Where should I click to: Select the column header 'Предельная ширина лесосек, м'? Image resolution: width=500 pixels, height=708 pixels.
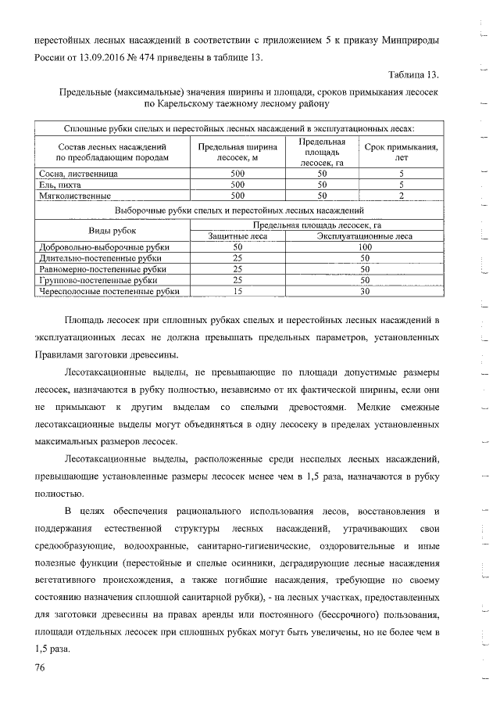(x=237, y=152)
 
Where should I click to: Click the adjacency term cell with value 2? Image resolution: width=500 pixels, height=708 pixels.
(x=402, y=196)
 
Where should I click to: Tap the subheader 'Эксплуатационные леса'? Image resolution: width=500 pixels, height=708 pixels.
(x=364, y=235)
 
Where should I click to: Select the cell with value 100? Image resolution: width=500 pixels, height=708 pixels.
(x=364, y=246)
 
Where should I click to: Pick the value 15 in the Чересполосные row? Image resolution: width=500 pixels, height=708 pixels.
(x=237, y=291)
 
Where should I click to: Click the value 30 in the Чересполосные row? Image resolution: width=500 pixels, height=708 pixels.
(x=364, y=291)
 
